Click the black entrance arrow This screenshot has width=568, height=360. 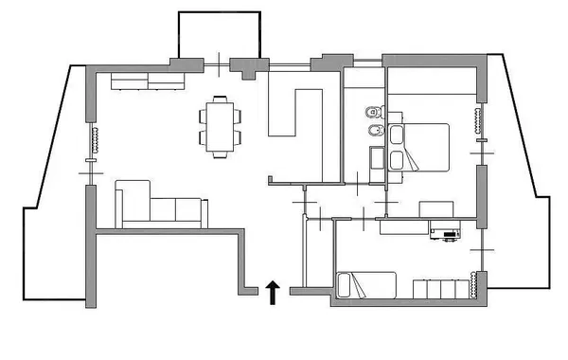pyautogui.click(x=273, y=292)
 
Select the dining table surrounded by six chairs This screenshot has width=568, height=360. pyautogui.click(x=220, y=127)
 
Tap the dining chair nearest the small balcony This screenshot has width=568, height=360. pyautogui.click(x=220, y=99)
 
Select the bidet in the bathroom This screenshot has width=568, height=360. pyautogui.click(x=373, y=132)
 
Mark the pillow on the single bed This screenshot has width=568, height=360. pyautogui.click(x=346, y=284)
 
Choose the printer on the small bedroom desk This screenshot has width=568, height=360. pyautogui.click(x=444, y=230)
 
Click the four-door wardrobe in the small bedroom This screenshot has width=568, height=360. pyautogui.click(x=441, y=288)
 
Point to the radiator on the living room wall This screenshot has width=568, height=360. pyautogui.click(x=94, y=138)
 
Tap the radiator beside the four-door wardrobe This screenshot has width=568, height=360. pyautogui.click(x=472, y=282)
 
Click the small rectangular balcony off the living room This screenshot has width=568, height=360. pyautogui.click(x=220, y=38)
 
